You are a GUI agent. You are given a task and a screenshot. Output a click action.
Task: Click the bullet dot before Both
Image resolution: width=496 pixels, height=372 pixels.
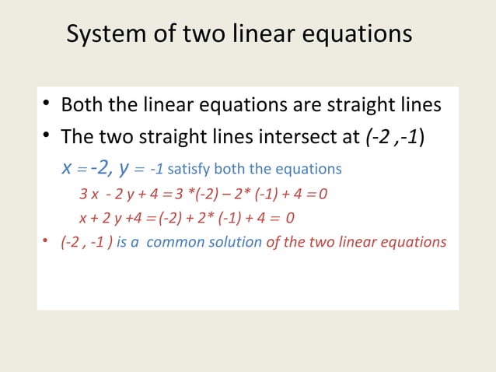tap(47, 105)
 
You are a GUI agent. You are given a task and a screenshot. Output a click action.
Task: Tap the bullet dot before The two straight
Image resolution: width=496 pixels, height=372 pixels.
tap(47, 137)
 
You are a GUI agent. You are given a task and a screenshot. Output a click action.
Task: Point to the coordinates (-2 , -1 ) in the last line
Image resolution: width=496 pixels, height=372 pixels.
tap(86, 242)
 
